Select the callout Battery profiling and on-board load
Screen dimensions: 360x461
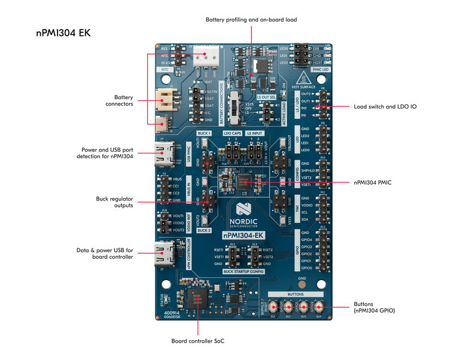tap(251, 20)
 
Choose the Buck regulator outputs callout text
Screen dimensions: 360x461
tap(115, 202)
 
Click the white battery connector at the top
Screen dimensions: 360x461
tap(207, 57)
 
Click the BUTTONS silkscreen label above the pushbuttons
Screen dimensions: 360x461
tap(296, 295)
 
